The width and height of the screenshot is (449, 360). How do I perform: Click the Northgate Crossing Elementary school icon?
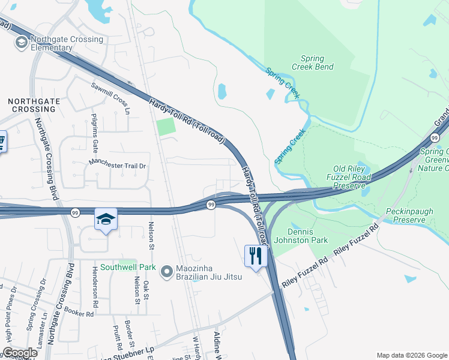21,41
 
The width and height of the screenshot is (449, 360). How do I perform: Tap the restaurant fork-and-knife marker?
256,256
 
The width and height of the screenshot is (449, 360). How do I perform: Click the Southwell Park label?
128,267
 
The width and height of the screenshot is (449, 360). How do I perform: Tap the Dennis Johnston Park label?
309,235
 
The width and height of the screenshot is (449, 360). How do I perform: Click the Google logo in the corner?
19,353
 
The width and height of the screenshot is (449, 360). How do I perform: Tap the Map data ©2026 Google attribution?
412,355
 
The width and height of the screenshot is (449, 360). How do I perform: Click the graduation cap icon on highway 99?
106,220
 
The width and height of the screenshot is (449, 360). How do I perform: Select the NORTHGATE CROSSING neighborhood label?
34,105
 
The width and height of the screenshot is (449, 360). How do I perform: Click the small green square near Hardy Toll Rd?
165,127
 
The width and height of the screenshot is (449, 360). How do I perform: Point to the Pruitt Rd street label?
116,338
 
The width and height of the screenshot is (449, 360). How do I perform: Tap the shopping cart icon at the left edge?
2,142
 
